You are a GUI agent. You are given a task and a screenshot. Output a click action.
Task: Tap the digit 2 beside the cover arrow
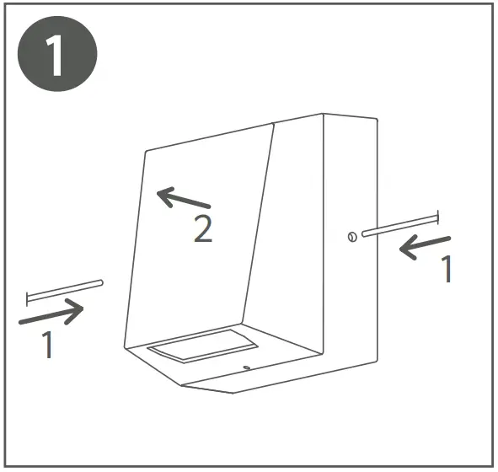tap(203, 228)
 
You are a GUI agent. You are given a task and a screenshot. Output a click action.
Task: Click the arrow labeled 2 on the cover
tap(183, 198)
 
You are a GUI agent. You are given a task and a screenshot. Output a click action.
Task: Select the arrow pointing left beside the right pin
tap(425, 246)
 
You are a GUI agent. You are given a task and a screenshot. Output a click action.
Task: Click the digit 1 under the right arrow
tap(447, 269)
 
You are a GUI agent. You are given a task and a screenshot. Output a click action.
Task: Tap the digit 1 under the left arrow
tap(48, 345)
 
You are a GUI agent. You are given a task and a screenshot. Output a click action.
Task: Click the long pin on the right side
tap(400, 226)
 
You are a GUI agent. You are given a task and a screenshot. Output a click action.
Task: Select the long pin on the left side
tap(65, 292)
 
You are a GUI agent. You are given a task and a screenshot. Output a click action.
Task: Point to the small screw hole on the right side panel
tap(352, 237)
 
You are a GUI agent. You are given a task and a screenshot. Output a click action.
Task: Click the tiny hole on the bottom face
tap(246, 367)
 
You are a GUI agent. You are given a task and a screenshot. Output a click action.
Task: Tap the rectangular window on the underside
tap(202, 345)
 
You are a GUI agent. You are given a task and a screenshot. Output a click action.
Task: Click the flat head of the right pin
tap(438, 217)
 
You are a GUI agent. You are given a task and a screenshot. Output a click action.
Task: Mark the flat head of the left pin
tap(27, 299)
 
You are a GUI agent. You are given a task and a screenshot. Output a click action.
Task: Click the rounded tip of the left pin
tap(101, 282)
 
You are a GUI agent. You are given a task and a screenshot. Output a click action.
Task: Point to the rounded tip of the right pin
tap(364, 233)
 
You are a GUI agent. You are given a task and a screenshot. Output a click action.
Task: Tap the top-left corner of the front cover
tap(146, 152)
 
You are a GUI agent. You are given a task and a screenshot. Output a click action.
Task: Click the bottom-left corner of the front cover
tap(125, 347)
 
